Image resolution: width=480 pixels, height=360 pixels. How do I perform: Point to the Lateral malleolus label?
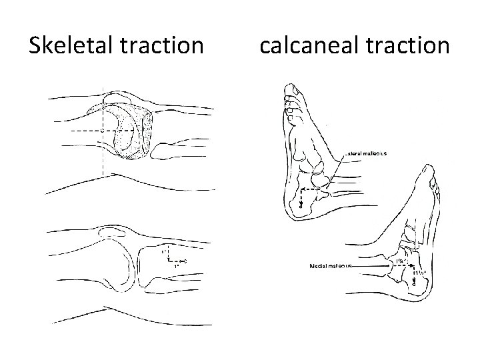[366, 153]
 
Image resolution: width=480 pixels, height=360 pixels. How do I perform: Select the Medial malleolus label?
[330, 266]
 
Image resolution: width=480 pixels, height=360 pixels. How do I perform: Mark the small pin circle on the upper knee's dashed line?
[102, 130]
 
